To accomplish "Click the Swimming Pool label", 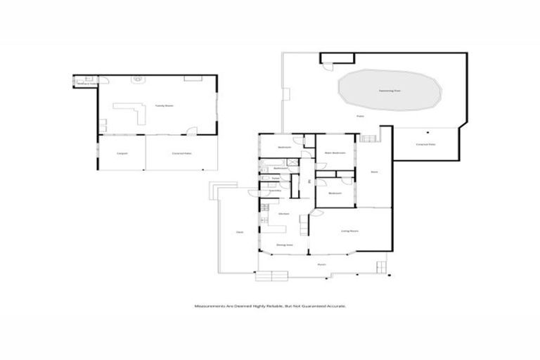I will coord(390,91).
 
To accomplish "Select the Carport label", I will coord(122,153).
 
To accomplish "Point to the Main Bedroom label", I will coord(335,153).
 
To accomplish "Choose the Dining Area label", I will coord(284,245).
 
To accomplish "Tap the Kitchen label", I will coord(284,213).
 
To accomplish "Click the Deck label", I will coord(239,231).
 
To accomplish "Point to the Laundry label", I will coord(276,191).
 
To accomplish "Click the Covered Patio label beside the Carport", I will coord(181,153).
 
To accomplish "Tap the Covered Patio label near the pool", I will coord(426,144).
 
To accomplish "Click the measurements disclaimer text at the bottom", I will coord(270,306).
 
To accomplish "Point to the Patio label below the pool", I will coord(359,116).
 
